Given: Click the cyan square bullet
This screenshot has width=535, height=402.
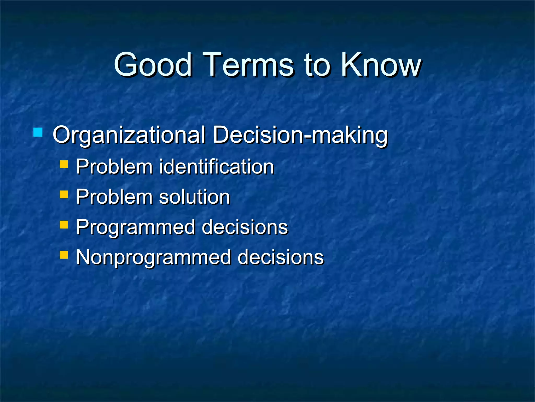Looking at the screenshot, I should [38, 132].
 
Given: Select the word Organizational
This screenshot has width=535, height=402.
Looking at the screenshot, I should [129, 135].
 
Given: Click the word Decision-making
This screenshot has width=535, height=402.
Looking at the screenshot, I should [300, 135].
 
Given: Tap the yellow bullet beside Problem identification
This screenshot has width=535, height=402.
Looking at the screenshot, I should [64, 164].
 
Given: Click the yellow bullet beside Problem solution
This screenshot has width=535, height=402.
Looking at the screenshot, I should [64, 194].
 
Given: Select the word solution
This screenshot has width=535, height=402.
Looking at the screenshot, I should [194, 197].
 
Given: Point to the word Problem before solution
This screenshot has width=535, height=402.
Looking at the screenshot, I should [114, 197].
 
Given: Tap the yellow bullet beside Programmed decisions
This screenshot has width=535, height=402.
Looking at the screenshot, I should [64, 225].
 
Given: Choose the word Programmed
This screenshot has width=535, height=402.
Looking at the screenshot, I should [136, 227].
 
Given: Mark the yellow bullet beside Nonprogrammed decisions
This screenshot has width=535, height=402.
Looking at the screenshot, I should [64, 255].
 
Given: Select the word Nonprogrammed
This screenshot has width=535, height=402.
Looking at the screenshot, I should [154, 257].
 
